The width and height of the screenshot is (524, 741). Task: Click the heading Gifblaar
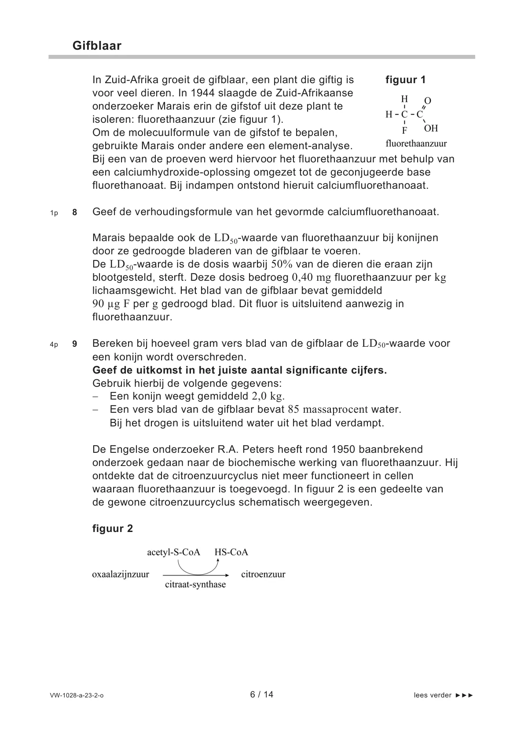click(x=97, y=46)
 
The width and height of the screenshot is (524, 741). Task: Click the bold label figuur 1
click(x=406, y=80)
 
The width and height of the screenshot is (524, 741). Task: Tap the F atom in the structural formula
click(x=405, y=131)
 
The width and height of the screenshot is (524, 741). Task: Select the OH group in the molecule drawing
click(x=431, y=128)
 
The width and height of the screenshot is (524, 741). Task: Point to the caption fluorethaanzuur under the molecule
click(x=416, y=143)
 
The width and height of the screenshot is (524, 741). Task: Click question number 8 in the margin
click(x=75, y=213)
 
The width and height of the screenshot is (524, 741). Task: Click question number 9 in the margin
click(x=75, y=344)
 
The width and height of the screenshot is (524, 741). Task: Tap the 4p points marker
click(x=54, y=345)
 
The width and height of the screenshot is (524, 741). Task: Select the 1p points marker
click(x=54, y=213)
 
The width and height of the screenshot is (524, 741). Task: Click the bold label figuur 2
click(x=113, y=528)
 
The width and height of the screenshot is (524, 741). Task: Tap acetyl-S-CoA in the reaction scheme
click(x=173, y=552)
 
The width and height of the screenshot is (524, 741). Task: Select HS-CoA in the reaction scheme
click(x=231, y=552)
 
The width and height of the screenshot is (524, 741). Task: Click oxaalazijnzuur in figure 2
click(x=121, y=574)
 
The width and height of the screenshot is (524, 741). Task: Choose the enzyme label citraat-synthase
click(x=195, y=585)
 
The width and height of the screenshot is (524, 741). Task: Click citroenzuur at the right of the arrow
click(x=263, y=574)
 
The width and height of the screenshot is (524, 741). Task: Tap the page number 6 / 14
click(x=262, y=694)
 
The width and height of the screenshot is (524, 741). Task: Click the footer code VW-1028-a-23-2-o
click(x=77, y=695)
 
